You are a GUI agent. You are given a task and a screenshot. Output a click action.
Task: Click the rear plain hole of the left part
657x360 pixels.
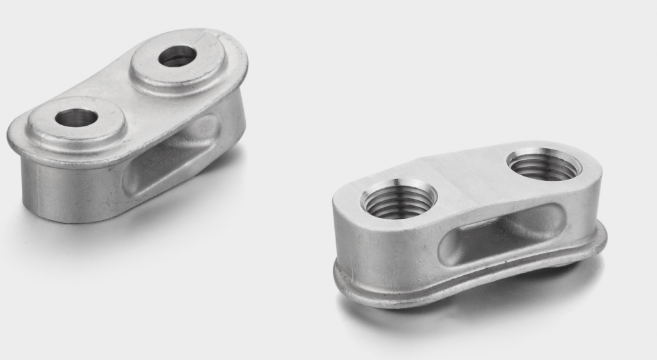(x=177, y=56)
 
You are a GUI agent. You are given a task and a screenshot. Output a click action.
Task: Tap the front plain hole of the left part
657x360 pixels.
(x=76, y=117)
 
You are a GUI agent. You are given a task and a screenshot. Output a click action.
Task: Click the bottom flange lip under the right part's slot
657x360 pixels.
(x=488, y=282)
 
